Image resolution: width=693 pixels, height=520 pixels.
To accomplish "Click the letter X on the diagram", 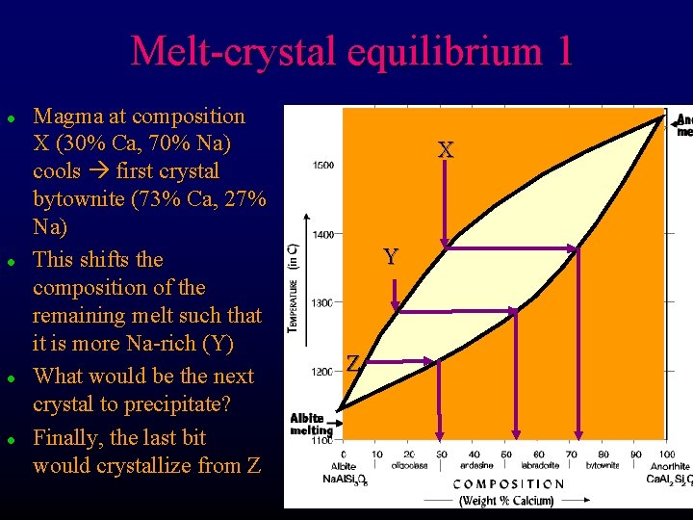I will pyautogui.click(x=445, y=150).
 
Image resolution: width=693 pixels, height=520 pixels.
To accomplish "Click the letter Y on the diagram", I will pyautogui.click(x=390, y=257).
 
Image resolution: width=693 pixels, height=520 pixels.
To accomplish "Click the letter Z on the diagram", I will pyautogui.click(x=353, y=363).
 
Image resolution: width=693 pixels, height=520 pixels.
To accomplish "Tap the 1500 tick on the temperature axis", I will pyautogui.click(x=323, y=165).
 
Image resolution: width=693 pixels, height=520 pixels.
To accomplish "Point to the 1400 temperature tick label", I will pyautogui.click(x=323, y=234).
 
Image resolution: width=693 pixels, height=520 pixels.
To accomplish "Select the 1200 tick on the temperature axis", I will pyautogui.click(x=323, y=371).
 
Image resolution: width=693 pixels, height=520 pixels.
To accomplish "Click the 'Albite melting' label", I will pyautogui.click(x=311, y=425).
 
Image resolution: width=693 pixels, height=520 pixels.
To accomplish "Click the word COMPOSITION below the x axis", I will pyautogui.click(x=508, y=484).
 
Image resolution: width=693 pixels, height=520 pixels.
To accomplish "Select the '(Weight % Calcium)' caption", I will pyautogui.click(x=506, y=500).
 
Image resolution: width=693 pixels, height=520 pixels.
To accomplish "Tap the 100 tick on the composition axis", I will pyautogui.click(x=666, y=455).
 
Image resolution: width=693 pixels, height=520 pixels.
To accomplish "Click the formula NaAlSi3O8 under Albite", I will pyautogui.click(x=344, y=477).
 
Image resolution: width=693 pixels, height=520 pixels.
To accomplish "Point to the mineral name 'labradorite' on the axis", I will pyautogui.click(x=540, y=466).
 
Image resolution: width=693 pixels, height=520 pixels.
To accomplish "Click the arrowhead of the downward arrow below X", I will pyautogui.click(x=445, y=243).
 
